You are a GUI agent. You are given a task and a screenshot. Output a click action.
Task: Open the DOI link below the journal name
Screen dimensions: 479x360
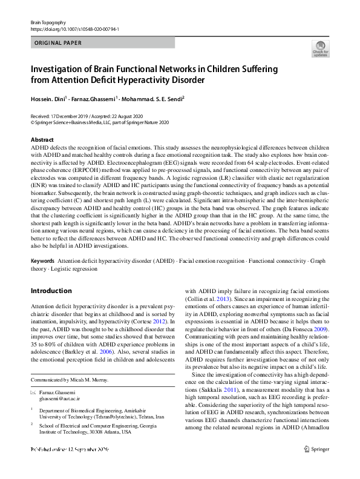coord(74,28)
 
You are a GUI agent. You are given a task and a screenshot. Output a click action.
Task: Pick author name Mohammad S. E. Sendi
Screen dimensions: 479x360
coord(151,98)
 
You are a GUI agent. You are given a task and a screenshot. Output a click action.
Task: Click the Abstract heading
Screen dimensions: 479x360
coord(42,140)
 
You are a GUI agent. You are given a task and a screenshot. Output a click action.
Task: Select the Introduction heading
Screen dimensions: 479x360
coord(51,290)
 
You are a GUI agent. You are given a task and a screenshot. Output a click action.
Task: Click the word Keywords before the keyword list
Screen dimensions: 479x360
coord(42,260)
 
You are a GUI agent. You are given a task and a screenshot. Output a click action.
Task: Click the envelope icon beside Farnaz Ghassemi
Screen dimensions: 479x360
coord(34,393)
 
